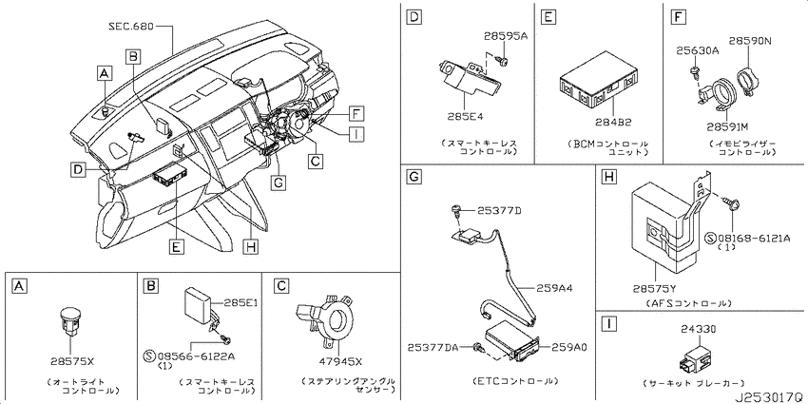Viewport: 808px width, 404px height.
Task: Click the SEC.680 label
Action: tap(131, 26)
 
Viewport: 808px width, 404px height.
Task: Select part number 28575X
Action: tap(72, 360)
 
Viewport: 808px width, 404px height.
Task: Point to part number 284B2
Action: tap(614, 122)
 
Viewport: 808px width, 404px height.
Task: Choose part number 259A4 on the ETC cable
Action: tap(554, 289)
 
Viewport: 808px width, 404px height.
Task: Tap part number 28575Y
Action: tap(655, 290)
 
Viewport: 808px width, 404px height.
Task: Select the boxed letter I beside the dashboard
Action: tap(356, 134)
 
